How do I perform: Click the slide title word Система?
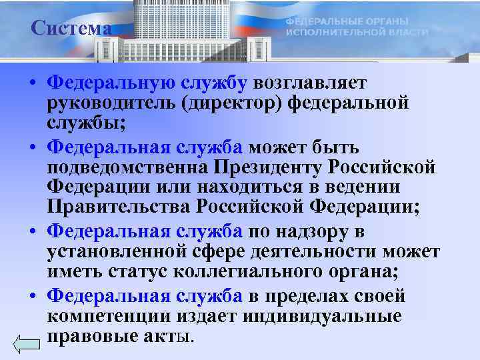[71, 29]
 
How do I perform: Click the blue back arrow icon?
[27, 344]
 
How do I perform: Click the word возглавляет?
[305, 82]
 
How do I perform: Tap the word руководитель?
[106, 103]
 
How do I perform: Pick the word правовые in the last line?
[85, 337]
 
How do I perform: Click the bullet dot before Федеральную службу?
[32, 83]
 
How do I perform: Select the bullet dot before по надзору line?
[32, 233]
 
